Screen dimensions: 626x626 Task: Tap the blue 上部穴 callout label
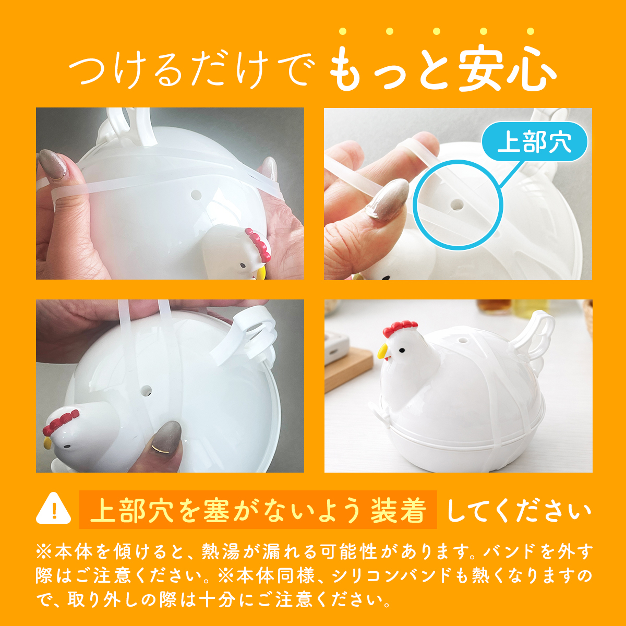(534, 142)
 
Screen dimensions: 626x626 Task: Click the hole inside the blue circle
(458, 204)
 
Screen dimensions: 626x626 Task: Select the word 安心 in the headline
(507, 69)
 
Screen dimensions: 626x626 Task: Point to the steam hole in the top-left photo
(196, 195)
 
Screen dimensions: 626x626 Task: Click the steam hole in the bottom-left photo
(146, 390)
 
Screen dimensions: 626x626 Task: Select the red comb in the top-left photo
(258, 244)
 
